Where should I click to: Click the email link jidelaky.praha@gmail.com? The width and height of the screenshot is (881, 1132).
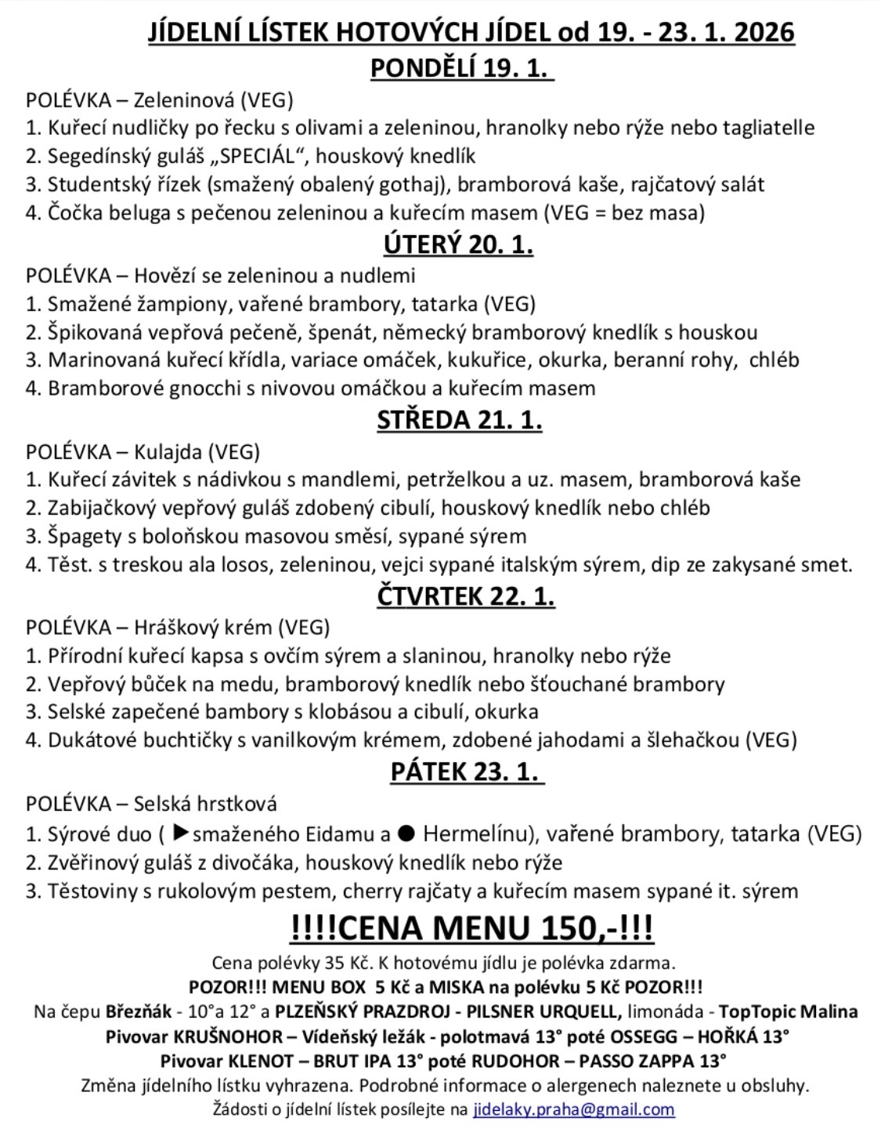tap(573, 1109)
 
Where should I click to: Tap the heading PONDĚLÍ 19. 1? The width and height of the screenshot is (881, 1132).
tap(461, 68)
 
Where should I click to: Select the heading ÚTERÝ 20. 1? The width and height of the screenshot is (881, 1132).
tap(458, 244)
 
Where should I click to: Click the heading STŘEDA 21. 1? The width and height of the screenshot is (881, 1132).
tap(460, 420)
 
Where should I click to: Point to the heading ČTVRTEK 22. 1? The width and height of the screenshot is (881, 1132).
tap(465, 596)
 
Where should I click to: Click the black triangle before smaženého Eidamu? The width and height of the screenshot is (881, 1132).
tap(180, 832)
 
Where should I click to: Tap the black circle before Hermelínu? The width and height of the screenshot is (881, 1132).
tap(406, 833)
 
